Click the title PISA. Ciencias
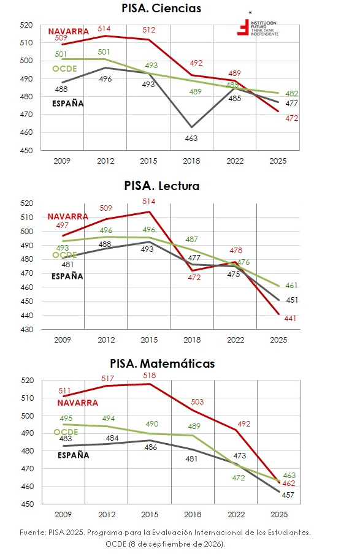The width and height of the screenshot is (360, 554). click(161, 8)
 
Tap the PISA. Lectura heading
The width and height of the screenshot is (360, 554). click(162, 186)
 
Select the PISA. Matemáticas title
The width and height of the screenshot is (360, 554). click(163, 363)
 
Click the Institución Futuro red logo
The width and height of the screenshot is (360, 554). click(243, 27)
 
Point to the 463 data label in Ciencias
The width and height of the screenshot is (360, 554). click(191, 138)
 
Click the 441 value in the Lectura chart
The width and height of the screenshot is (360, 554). click(290, 319)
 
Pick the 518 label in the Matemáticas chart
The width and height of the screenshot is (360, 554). click(150, 376)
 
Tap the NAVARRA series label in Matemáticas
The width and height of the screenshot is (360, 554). click(78, 403)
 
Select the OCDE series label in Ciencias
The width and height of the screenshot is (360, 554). click(65, 69)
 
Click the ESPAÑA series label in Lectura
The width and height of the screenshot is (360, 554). click(67, 276)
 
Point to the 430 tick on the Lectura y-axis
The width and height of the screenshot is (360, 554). click(27, 330)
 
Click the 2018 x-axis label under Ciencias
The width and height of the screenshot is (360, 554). click(191, 161)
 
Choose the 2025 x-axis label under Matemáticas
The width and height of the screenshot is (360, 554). click(280, 515)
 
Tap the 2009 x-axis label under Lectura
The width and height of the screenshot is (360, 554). click(63, 340)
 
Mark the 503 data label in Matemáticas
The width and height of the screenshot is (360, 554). click(197, 402)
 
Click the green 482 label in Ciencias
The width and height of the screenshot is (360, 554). click(292, 94)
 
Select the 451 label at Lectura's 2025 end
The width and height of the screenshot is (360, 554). click(292, 300)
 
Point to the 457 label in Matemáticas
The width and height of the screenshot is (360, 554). click(288, 495)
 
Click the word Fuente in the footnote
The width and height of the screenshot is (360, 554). click(32, 533)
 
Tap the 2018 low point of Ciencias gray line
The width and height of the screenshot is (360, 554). click(192, 127)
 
